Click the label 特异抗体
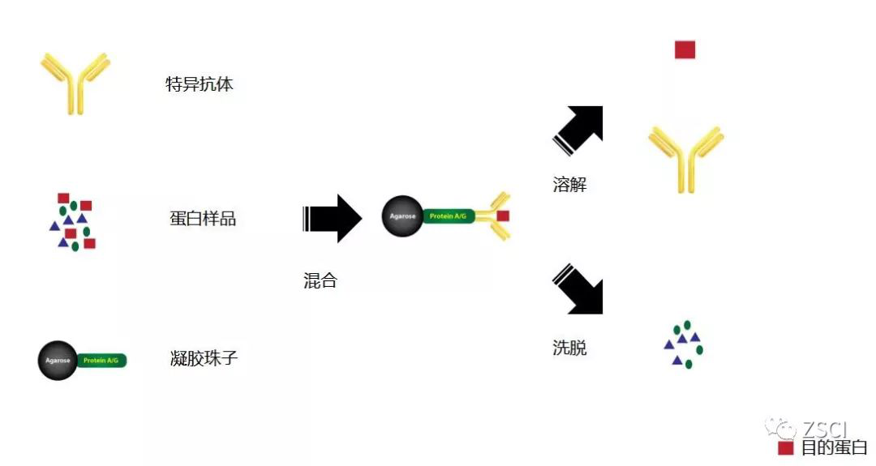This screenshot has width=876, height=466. point(200,84)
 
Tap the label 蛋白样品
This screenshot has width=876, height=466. point(203,219)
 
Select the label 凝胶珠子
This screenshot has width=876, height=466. point(204,357)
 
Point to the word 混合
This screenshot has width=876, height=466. point(320,281)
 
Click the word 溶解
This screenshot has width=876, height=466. point(569,185)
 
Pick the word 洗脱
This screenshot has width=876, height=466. point(569,348)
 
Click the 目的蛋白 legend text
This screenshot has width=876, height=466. point(834,447)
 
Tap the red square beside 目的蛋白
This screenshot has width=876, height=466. point(785,447)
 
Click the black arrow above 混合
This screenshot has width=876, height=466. point(332,218)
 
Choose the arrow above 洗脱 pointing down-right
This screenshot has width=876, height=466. point(580,287)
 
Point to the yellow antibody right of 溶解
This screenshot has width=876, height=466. point(685,158)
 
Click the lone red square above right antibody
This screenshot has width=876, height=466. point(685,50)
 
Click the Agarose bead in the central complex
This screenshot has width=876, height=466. point(402,216)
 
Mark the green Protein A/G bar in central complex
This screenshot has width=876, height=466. point(449,216)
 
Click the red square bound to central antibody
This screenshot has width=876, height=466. point(503,216)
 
